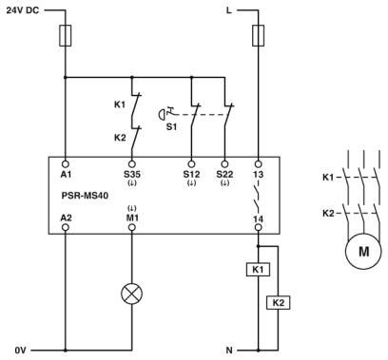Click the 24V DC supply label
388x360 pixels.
click(24, 10)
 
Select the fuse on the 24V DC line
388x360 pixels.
click(65, 36)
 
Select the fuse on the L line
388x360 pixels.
click(259, 36)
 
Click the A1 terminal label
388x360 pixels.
click(65, 175)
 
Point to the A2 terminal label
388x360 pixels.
click(65, 218)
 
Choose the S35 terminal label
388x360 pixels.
click(131, 175)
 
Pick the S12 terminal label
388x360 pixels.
click(191, 175)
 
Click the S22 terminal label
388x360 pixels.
click(226, 175)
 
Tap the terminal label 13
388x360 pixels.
click(259, 175)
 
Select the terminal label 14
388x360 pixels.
click(259, 218)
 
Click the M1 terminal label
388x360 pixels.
click(131, 218)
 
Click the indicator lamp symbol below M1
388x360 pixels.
click(131, 293)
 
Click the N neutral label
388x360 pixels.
click(242, 350)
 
